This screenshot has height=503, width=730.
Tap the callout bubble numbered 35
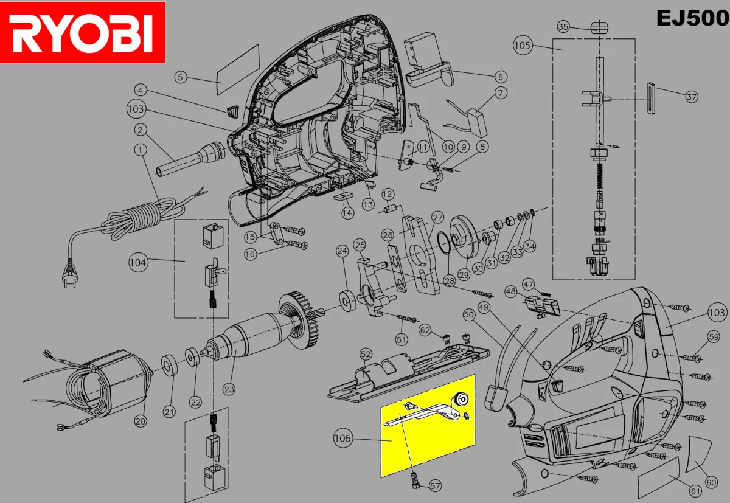[563, 27]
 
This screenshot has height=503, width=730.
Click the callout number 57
[435, 485]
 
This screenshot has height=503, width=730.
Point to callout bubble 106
[343, 437]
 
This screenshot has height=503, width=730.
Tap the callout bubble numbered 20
[141, 420]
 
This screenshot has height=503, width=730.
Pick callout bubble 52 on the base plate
[366, 353]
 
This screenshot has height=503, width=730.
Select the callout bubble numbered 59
[713, 336]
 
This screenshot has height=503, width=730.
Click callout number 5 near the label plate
[180, 77]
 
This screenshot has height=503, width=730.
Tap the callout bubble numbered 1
[141, 149]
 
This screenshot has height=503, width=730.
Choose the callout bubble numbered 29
[464, 274]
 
